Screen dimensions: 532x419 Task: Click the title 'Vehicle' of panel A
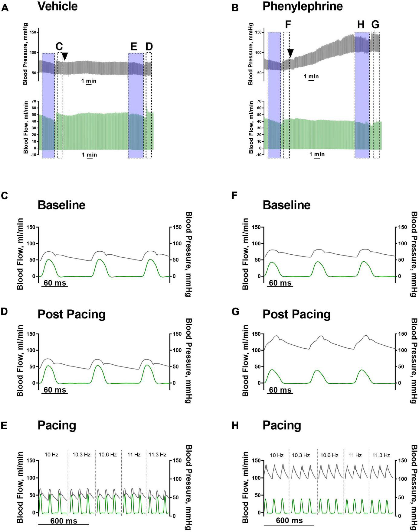pos(57,6)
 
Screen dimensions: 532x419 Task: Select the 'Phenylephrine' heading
pos(302,6)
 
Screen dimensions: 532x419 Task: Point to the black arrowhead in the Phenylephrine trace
pos(290,53)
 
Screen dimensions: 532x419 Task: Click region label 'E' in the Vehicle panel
pos(134,47)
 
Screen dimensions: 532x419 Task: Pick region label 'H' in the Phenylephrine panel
pos(361,25)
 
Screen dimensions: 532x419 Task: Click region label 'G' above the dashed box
pos(375,25)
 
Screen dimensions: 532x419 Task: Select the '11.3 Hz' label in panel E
pos(157,454)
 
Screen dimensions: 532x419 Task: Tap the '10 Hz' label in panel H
pos(277,455)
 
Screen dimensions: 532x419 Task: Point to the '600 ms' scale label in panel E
pos(64,521)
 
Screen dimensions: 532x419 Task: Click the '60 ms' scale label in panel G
pos(280,390)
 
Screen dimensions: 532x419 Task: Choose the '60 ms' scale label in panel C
pos(55,283)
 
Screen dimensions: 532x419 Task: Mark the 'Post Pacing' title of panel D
pos(71,314)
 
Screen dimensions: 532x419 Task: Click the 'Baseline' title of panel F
pos(286,205)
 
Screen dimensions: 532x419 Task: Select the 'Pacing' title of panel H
pos(282,425)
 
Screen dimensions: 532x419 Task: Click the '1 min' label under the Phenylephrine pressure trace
pos(311,76)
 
